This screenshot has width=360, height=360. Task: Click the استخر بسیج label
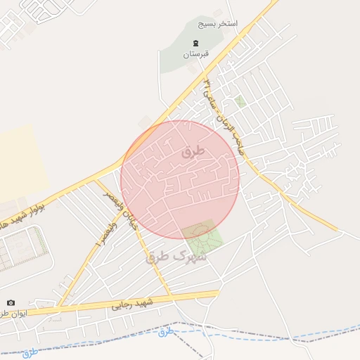click(x=217, y=24)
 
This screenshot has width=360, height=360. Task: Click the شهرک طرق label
click(x=176, y=257)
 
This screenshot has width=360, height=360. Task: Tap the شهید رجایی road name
click(x=132, y=305)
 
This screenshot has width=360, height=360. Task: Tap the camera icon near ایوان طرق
click(x=10, y=302)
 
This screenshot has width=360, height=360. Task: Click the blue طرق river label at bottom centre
click(x=165, y=331)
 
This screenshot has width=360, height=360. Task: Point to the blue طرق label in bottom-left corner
click(x=30, y=353)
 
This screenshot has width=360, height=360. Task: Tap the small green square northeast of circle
click(x=240, y=102)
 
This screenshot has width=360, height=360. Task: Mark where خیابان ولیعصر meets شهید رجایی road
click(x=169, y=295)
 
